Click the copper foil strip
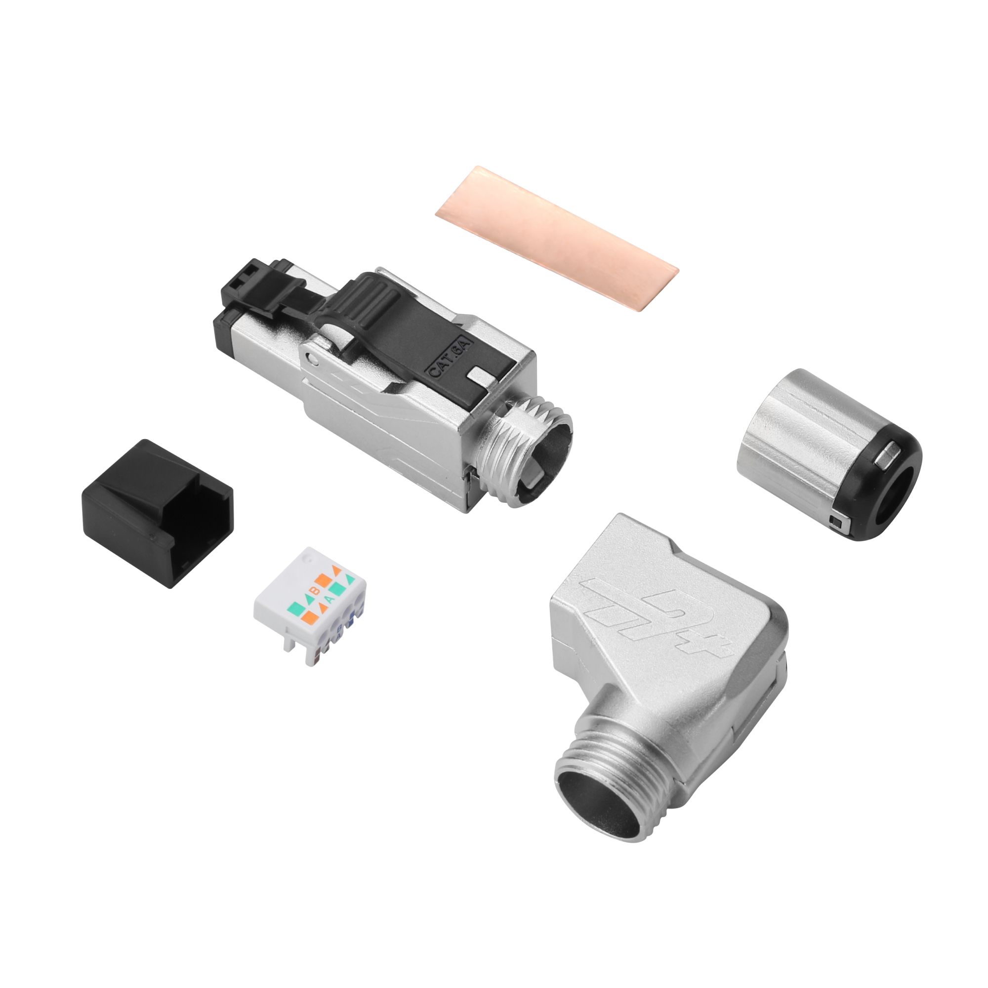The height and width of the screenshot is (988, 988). point(556,239)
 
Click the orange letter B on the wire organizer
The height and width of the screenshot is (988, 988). point(316,591)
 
